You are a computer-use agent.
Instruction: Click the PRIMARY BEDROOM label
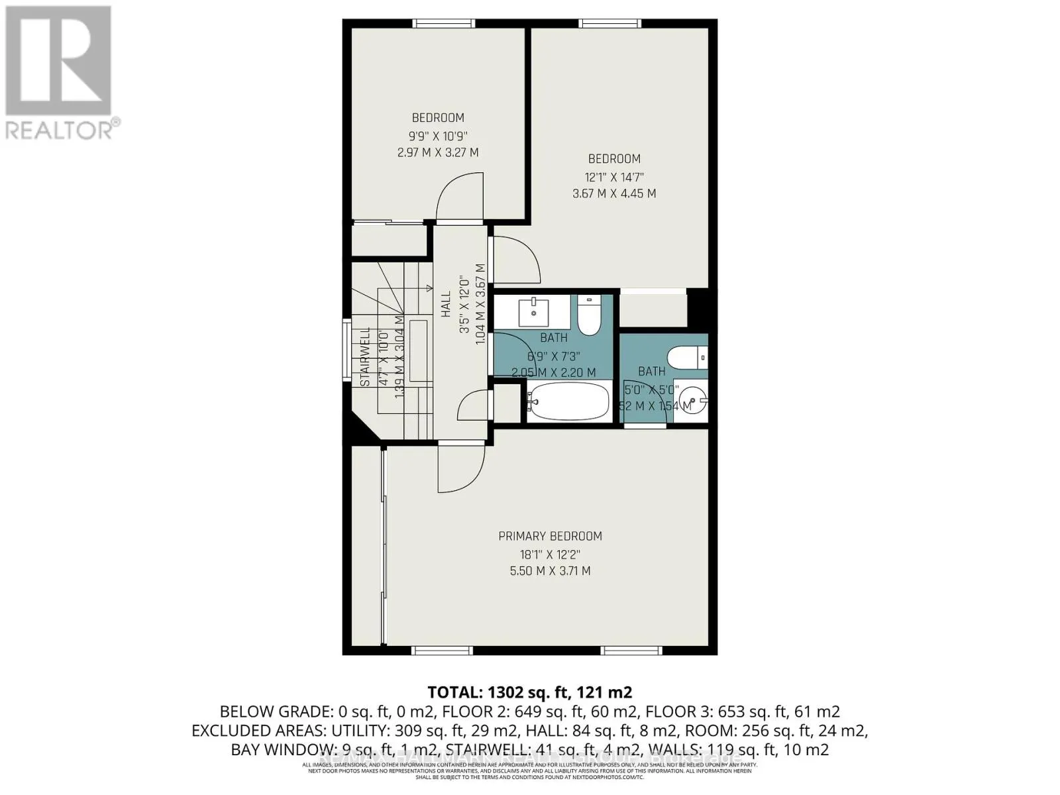pos(550,536)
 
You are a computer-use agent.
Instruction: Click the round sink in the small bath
pos(695,400)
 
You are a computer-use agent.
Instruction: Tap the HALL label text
pos(446,305)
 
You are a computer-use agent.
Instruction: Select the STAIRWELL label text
pos(365,357)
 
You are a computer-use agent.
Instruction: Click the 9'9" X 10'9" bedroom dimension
pos(438,136)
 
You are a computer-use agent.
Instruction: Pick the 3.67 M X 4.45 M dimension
pos(614,193)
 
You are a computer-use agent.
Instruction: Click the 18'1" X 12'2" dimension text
pos(550,554)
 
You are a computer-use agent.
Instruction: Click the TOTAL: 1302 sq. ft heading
pos(530,692)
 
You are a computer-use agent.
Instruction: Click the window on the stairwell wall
pos(346,350)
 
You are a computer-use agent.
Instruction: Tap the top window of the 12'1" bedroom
pos(610,24)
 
